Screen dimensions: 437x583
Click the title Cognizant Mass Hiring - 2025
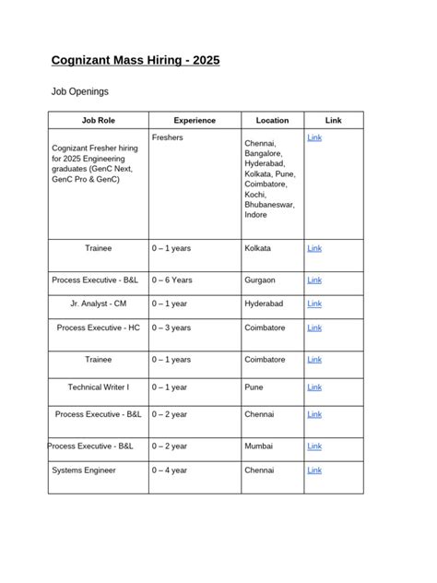[x=135, y=62]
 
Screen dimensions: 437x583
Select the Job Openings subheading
[x=79, y=92]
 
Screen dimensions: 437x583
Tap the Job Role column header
[x=98, y=120]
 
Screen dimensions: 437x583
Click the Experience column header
[x=195, y=120]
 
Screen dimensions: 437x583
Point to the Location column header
[x=272, y=120]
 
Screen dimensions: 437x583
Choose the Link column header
[x=333, y=120]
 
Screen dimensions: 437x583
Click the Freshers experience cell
[x=168, y=137]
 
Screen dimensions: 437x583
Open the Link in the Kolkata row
[x=313, y=248]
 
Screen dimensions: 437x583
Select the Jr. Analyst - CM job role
[x=98, y=303]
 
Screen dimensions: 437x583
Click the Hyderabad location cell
[x=266, y=303]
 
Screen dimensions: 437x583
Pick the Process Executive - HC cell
[x=98, y=327]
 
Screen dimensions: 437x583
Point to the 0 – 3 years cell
[x=172, y=327]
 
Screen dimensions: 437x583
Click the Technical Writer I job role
[x=98, y=387]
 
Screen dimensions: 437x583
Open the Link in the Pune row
[x=313, y=387]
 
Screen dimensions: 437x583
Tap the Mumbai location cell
[x=259, y=446]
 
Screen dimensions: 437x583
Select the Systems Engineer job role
[x=84, y=470]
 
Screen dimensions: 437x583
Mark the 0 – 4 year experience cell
[x=171, y=470]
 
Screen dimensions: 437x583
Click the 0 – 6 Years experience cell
[x=172, y=280]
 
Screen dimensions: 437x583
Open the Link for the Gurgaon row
[x=313, y=280]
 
